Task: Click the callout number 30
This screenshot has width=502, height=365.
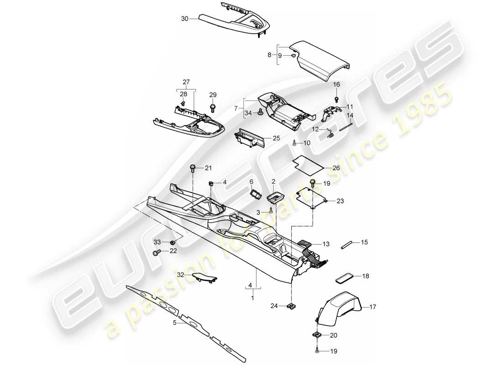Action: coord(184,19)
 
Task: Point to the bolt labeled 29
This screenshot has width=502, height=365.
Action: coord(213,108)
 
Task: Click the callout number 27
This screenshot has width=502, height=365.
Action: coord(186,82)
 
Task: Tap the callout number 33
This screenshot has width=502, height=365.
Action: coord(157,242)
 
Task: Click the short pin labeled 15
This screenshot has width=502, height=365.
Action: coord(348,243)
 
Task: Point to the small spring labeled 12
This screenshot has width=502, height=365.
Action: coord(331,134)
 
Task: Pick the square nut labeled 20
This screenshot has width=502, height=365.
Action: coord(317,335)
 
